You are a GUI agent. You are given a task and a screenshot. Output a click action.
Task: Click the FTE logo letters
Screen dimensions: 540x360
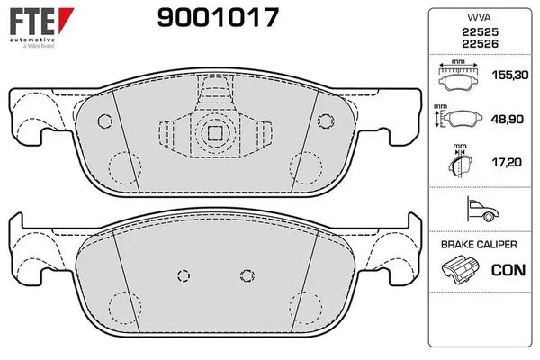click(32, 21)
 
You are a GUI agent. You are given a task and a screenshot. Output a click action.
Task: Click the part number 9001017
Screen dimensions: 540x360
click(218, 18)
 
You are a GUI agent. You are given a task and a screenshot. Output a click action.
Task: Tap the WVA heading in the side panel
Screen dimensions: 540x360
click(479, 17)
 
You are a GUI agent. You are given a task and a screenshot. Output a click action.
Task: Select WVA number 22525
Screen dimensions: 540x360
click(480, 32)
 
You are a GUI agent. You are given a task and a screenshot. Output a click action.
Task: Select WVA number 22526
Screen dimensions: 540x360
click(480, 44)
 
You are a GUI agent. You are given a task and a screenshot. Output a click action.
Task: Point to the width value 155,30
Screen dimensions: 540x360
click(510, 75)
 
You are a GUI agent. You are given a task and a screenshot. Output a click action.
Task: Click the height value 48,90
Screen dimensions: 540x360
click(507, 119)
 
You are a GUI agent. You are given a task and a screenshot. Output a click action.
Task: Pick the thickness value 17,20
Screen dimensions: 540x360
click(507, 162)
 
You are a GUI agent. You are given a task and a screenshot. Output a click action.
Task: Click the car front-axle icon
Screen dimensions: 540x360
click(482, 209)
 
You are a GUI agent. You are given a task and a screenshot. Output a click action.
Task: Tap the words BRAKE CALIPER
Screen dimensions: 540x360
click(479, 245)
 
